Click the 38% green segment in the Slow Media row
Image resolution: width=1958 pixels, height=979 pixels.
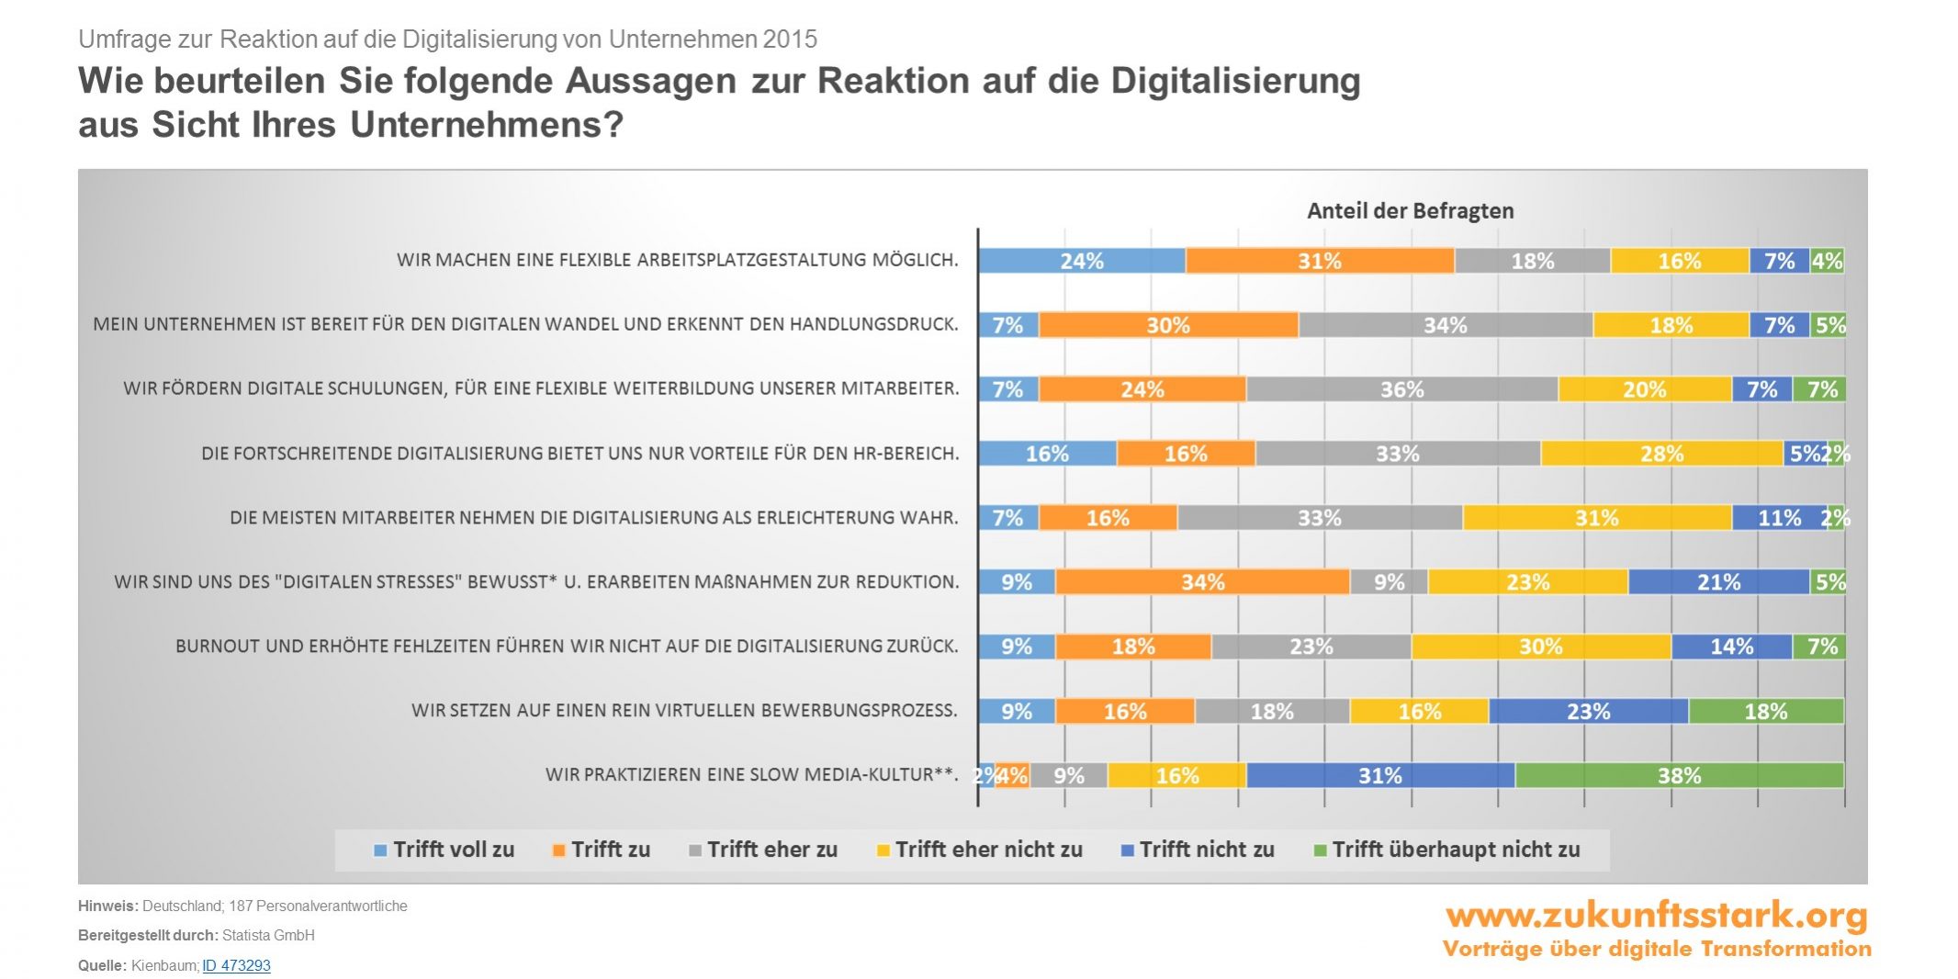click(1679, 775)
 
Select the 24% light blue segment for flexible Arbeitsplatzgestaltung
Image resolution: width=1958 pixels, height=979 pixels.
click(1082, 261)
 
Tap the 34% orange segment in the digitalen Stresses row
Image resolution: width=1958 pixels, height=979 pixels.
click(1202, 582)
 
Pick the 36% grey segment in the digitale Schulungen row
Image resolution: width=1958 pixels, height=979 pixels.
click(1401, 389)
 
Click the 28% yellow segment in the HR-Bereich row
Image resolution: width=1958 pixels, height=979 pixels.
click(1661, 454)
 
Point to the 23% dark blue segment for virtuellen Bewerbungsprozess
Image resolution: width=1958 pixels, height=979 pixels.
click(1588, 711)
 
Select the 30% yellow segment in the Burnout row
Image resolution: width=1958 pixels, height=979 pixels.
click(1540, 647)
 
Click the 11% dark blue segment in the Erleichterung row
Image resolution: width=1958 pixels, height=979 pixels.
click(1779, 518)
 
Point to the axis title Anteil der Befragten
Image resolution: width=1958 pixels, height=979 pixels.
click(1410, 210)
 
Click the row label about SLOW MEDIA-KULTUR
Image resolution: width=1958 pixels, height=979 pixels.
click(751, 774)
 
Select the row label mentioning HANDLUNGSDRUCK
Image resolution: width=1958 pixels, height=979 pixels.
click(525, 324)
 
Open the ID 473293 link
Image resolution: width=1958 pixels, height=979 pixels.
click(236, 965)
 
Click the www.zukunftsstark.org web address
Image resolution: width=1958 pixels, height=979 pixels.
click(1656, 915)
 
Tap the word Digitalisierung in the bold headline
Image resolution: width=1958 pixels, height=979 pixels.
click(1235, 81)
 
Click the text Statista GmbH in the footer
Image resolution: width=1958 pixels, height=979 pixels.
click(268, 935)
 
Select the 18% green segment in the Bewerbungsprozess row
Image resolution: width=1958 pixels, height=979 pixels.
click(1765, 711)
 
